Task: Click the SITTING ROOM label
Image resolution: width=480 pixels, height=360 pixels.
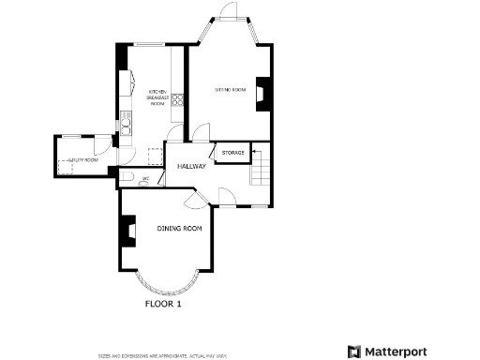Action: (230, 90)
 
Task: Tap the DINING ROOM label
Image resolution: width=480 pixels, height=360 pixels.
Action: (180, 229)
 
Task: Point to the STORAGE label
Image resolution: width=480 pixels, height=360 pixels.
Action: (232, 152)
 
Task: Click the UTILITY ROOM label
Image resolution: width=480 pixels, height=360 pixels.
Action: (82, 160)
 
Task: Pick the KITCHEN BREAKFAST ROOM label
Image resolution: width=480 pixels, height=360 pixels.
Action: (157, 97)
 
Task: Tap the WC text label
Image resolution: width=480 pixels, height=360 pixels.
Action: (146, 178)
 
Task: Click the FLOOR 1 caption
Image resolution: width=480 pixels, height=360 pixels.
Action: (163, 304)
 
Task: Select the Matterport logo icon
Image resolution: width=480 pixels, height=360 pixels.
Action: (354, 352)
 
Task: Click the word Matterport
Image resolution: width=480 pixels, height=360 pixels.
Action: (396, 352)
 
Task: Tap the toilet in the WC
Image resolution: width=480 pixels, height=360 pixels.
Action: (127, 178)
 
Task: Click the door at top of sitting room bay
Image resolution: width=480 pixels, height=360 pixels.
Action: (228, 12)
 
